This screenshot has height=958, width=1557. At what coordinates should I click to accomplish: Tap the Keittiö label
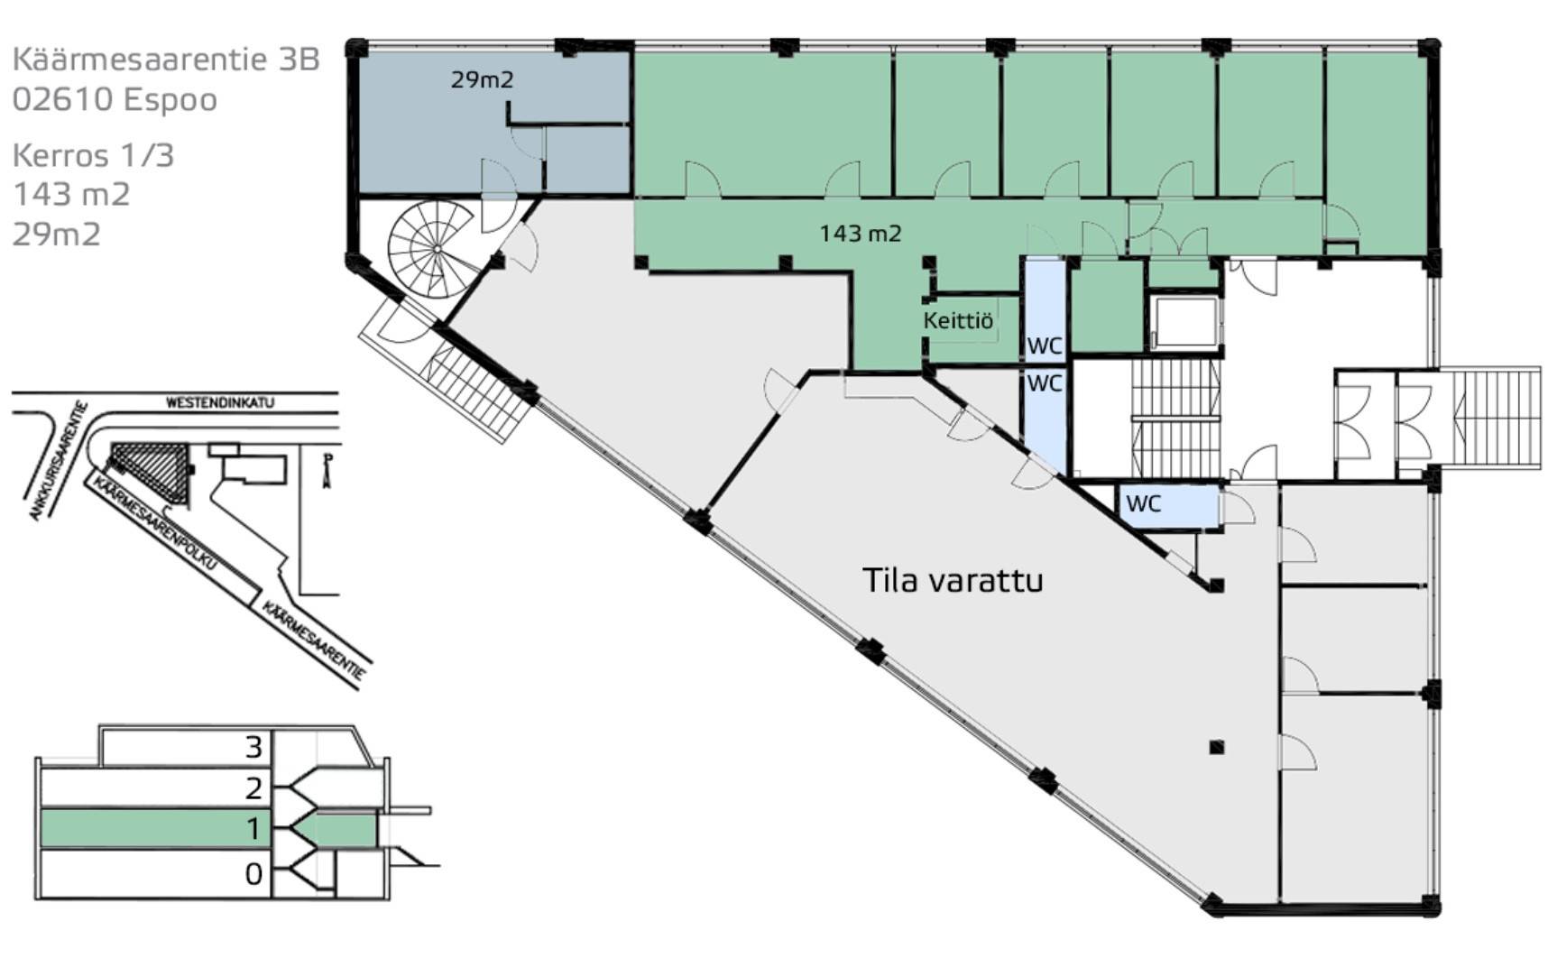pyautogui.click(x=957, y=320)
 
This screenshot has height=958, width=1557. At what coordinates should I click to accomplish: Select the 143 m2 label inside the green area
pyautogui.click(x=860, y=233)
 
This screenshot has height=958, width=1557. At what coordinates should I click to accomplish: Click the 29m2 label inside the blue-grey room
pyautogui.click(x=482, y=79)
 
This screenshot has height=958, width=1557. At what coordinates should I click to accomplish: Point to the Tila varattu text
pyautogui.click(x=953, y=580)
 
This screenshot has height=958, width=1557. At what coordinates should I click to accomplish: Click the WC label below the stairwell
pyautogui.click(x=1143, y=503)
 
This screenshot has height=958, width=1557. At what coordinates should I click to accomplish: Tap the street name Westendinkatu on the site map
pyautogui.click(x=219, y=402)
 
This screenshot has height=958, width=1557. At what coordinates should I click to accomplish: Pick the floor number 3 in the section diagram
pyautogui.click(x=253, y=747)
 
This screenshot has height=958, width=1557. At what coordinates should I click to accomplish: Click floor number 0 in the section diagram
pyautogui.click(x=253, y=874)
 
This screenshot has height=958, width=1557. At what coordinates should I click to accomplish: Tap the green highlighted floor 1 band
pyautogui.click(x=144, y=828)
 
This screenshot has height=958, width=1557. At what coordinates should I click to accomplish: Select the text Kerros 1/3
pyautogui.click(x=93, y=155)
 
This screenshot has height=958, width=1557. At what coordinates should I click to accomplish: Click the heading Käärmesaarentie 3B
pyautogui.click(x=166, y=59)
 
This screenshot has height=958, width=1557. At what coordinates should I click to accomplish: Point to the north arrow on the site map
pyautogui.click(x=327, y=469)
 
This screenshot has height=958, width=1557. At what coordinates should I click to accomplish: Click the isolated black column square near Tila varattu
pyautogui.click(x=1217, y=747)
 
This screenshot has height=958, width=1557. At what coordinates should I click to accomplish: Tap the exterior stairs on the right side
pyautogui.click(x=1492, y=417)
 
